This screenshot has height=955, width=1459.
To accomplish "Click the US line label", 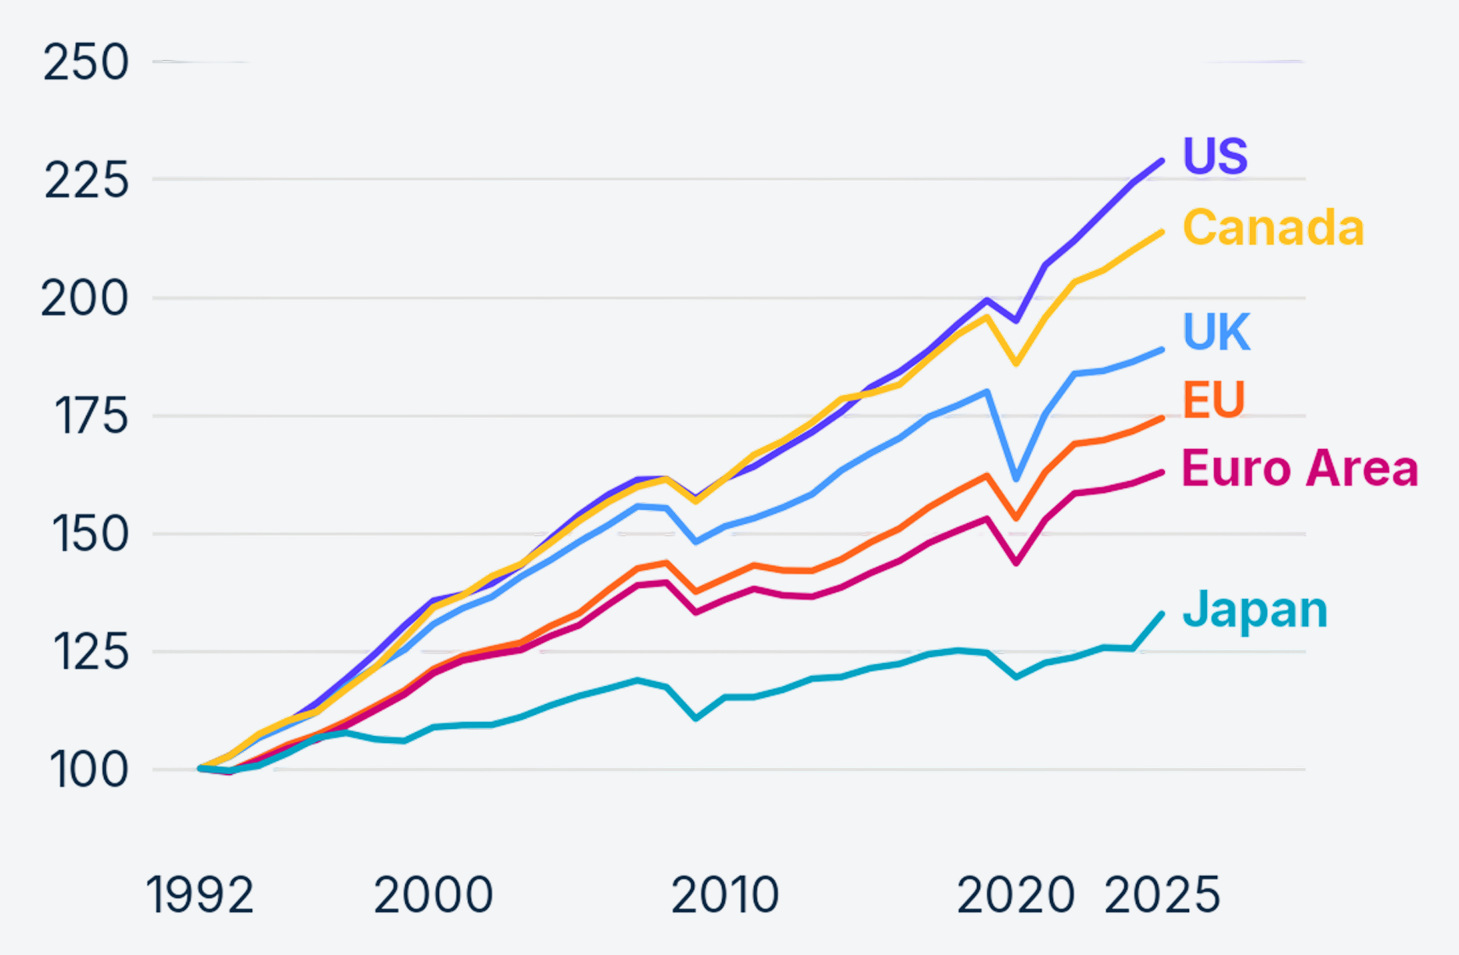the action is coord(1215,156).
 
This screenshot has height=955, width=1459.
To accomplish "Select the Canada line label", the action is coord(1274,228).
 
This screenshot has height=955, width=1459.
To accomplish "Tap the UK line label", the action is coord(1216,332).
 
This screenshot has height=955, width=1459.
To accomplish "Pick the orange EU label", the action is coord(1213,400).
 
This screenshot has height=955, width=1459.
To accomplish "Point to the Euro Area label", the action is coord(1300,469).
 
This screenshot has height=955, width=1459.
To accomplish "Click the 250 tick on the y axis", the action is coord(86,63).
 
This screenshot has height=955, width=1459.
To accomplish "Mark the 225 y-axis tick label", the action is coord(86,181).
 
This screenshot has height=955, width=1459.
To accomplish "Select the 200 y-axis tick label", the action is coord(84,299).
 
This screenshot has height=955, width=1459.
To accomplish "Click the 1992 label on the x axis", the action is coord(200,895).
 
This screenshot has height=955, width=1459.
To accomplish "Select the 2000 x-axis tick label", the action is coord(433,895).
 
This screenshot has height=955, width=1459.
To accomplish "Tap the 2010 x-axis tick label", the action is coord(725,895).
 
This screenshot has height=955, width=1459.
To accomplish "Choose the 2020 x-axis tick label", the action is coord(1016,895).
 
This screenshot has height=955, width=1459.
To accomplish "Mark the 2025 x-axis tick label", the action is coord(1163,895).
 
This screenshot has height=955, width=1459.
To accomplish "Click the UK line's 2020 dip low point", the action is coord(1016,479).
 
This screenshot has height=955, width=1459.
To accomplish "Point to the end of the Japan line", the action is coord(1162,615).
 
